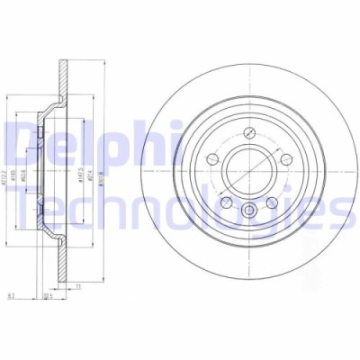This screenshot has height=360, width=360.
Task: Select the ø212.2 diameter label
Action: (x=8, y=166)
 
